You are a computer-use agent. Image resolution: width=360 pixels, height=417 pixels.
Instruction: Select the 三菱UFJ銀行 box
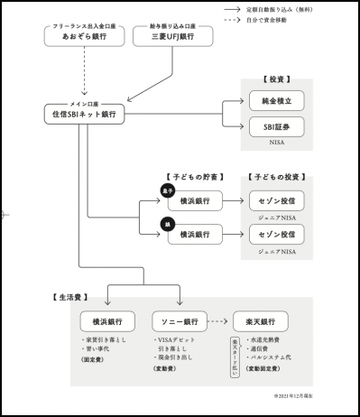171,36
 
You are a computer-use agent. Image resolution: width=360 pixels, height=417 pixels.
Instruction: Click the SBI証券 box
275,128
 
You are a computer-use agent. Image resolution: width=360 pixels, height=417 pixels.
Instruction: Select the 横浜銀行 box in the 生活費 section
107,321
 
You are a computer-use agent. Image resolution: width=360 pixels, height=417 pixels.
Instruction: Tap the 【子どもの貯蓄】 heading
194,176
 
